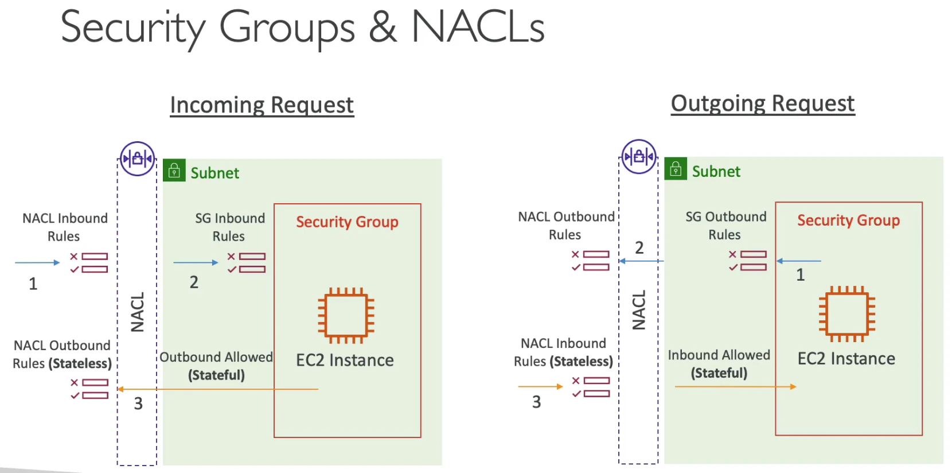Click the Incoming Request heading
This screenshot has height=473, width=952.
(x=262, y=105)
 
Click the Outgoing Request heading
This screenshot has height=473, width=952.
(x=763, y=104)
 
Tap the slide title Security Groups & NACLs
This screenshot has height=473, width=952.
(x=303, y=28)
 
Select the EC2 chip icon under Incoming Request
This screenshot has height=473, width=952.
(x=346, y=316)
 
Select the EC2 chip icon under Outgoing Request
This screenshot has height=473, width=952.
(x=847, y=314)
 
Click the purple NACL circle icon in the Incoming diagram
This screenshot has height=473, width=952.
(x=137, y=158)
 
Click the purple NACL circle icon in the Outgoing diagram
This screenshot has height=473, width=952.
(x=639, y=157)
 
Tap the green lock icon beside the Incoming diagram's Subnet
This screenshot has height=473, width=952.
(x=174, y=170)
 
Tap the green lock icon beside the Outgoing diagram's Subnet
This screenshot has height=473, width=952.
(x=676, y=169)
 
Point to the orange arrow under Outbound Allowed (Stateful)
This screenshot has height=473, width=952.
(x=217, y=389)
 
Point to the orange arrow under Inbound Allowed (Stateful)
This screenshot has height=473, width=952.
(x=736, y=387)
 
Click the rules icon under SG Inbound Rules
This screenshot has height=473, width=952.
(x=247, y=262)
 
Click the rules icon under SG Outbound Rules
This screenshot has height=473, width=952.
(x=748, y=261)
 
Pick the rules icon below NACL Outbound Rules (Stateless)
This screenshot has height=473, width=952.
(x=89, y=389)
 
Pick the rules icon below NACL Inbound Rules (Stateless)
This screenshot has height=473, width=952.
(x=591, y=387)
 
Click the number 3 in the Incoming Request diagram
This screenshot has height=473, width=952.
(x=138, y=404)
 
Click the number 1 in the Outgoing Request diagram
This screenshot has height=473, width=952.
(x=800, y=275)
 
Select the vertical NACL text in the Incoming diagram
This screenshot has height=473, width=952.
(x=137, y=312)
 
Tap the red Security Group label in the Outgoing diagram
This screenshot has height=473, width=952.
(x=848, y=220)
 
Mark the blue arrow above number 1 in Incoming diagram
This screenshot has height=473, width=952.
(x=37, y=262)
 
